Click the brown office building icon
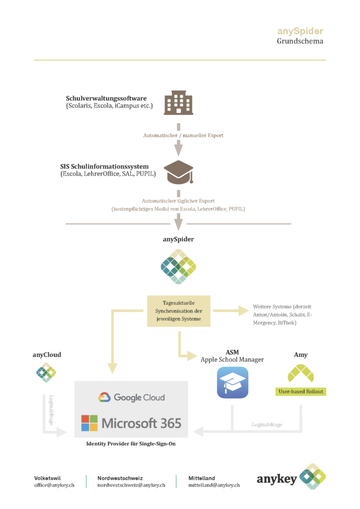click(179, 103)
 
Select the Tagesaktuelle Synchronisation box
click(179, 311)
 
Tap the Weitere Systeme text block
click(282, 315)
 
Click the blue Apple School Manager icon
click(232, 382)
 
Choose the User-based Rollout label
click(300, 391)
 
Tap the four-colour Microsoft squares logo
click(90, 423)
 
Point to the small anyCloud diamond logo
click(46, 372)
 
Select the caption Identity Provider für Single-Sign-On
click(131, 444)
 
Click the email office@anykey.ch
click(54, 485)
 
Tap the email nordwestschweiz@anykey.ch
click(131, 485)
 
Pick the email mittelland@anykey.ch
click(214, 485)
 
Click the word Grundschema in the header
click(300, 41)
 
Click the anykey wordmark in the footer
click(277, 479)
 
